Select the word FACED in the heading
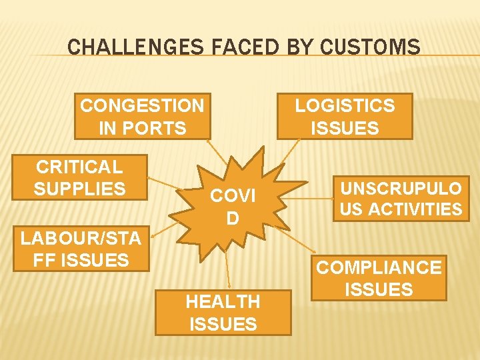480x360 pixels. [228, 47]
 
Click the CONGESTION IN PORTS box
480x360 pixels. [142, 116]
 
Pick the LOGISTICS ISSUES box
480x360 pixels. [345, 116]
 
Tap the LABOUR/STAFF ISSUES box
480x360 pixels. [80, 249]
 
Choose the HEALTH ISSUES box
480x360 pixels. [223, 313]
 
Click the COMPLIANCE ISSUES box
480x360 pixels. [379, 278]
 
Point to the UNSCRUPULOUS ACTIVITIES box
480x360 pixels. [401, 198]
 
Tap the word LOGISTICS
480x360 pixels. [345, 105]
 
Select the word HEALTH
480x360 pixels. [223, 301]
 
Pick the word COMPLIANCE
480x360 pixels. [379, 267]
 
